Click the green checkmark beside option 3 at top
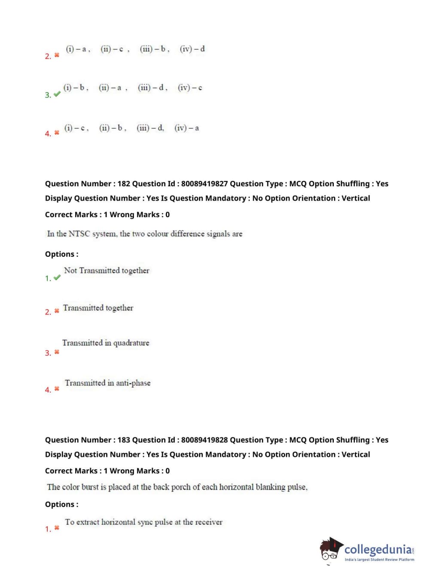tap(57, 94)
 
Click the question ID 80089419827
tap(204, 184)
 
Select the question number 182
tap(124, 184)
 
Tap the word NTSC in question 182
tap(79, 234)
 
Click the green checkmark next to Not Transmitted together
tap(57, 278)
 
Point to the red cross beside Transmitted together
tap(57, 311)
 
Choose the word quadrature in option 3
tap(131, 343)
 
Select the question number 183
tap(124, 440)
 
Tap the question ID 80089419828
tap(204, 440)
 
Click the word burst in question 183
tap(90, 487)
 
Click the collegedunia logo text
tap(378, 549)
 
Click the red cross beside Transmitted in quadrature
tap(57, 352)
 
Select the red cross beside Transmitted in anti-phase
tap(57, 389)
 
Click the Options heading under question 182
tap(61, 254)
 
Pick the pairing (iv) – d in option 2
tap(192, 49)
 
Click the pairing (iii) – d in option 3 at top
tap(152, 88)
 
